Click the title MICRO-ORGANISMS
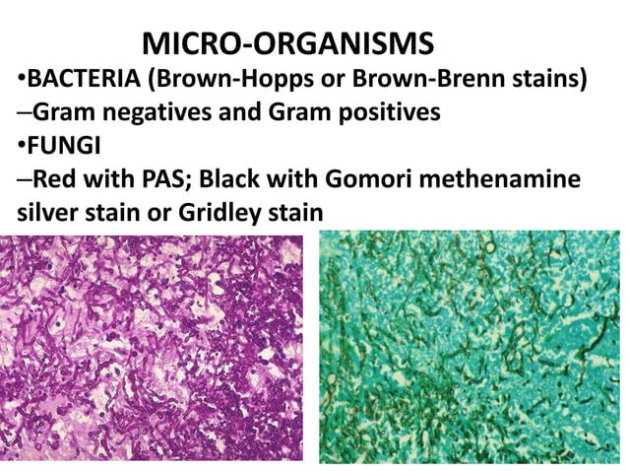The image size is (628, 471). tap(287, 43)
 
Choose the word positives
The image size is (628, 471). tap(377, 112)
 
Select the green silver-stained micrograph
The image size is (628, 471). tap(472, 350)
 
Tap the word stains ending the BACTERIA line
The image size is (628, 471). tap(548, 78)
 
